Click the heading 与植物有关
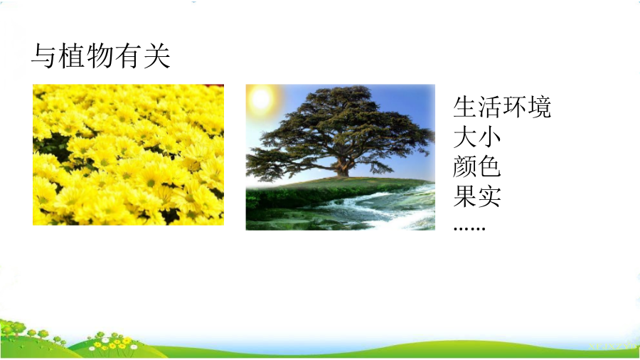100,55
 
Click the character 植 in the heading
73,55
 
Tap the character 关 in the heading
156,55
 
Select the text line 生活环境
502,107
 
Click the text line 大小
476,137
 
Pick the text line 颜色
476,167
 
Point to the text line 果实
476,197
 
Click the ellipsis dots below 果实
469,228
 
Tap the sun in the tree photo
261,98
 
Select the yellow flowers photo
128,154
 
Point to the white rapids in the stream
380,208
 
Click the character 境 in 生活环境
539,107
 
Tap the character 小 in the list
489,137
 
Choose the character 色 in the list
489,167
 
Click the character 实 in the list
489,197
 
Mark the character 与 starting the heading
43,55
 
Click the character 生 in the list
465,107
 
